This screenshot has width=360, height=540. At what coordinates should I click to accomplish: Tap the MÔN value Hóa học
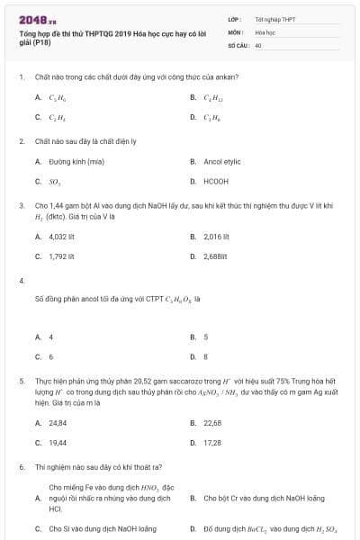265,31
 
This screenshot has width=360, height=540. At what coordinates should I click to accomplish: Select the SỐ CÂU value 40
258,44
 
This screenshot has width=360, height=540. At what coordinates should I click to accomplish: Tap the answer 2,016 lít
217,237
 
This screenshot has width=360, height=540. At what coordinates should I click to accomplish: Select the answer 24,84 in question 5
58,422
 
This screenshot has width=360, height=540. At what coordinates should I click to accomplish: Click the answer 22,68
212,422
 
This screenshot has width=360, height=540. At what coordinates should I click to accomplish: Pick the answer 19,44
58,442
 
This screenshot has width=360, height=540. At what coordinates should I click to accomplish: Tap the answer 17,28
212,442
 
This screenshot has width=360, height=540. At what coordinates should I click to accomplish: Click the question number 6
21,468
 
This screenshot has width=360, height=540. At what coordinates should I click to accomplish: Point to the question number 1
21,76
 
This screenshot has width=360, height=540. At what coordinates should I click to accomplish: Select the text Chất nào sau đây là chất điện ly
85,141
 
